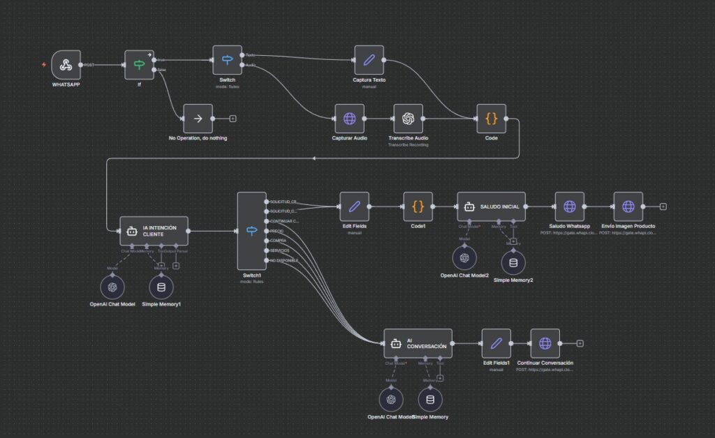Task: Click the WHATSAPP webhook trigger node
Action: click(66, 65)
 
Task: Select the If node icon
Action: click(139, 65)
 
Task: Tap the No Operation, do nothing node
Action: click(198, 119)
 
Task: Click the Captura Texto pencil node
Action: click(369, 61)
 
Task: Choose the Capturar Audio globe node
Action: click(349, 119)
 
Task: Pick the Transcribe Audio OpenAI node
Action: click(408, 119)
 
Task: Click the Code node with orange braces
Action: click(491, 119)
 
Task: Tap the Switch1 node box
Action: click(251, 231)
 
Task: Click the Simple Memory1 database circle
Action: click(161, 287)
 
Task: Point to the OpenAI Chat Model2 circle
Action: click(464, 257)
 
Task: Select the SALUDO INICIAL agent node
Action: click(492, 206)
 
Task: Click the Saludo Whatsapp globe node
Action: click(570, 206)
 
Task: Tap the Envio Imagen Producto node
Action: click(628, 206)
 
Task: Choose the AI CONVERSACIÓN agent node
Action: click(418, 343)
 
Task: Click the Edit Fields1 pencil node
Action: click(496, 343)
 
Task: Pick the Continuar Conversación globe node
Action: click(545, 343)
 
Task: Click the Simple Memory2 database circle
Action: click(513, 262)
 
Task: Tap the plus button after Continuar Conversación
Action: click(580, 343)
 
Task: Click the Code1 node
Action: click(418, 206)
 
